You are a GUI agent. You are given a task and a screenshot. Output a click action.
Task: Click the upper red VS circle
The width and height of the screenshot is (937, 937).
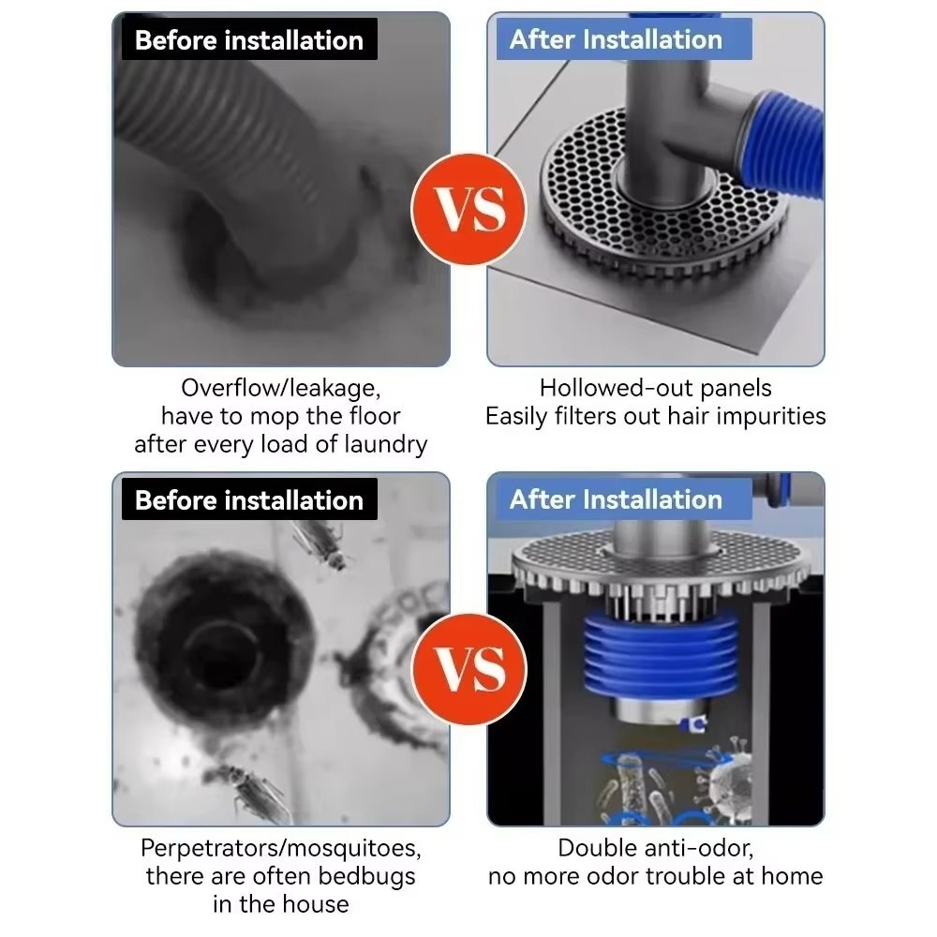click(469, 209)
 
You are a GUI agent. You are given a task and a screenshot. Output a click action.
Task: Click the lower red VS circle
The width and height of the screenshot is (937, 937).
click(469, 669)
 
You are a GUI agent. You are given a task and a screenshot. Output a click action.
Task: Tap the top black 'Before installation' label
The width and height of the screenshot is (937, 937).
click(249, 39)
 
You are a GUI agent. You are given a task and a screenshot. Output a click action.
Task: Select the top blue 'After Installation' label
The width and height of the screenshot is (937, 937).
click(624, 39)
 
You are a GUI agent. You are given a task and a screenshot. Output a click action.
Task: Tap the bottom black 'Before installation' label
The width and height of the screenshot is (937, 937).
click(249, 499)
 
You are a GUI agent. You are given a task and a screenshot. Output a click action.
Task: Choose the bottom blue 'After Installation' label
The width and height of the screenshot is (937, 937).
click(624, 499)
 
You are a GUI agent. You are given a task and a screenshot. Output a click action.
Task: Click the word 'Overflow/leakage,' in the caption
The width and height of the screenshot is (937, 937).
click(281, 389)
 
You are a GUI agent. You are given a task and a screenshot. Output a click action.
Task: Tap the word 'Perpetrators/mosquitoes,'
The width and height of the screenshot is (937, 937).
click(281, 849)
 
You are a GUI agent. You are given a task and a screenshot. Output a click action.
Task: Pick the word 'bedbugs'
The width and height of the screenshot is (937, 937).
click(366, 877)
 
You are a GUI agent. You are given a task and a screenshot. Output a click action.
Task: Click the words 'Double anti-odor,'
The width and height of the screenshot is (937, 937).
click(656, 849)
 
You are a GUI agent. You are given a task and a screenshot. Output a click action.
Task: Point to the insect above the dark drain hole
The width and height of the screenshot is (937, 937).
click(320, 543)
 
